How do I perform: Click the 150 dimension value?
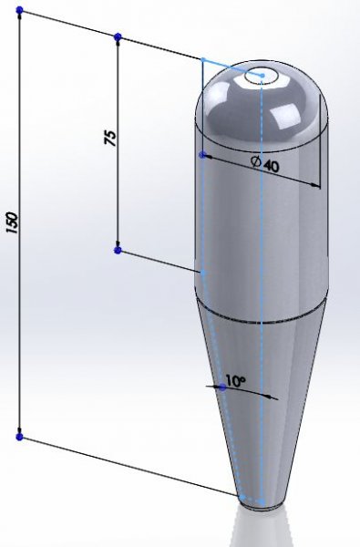click(12, 222)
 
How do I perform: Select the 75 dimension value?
click(110, 138)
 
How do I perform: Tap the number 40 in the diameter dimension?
click(271, 166)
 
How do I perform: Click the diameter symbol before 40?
click(256, 161)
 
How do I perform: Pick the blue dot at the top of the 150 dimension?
click(19, 10)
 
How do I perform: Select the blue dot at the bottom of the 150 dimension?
click(19, 437)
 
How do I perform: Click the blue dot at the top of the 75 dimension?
click(118, 36)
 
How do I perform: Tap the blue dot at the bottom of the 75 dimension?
click(118, 250)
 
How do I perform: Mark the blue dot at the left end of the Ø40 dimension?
click(202, 155)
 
